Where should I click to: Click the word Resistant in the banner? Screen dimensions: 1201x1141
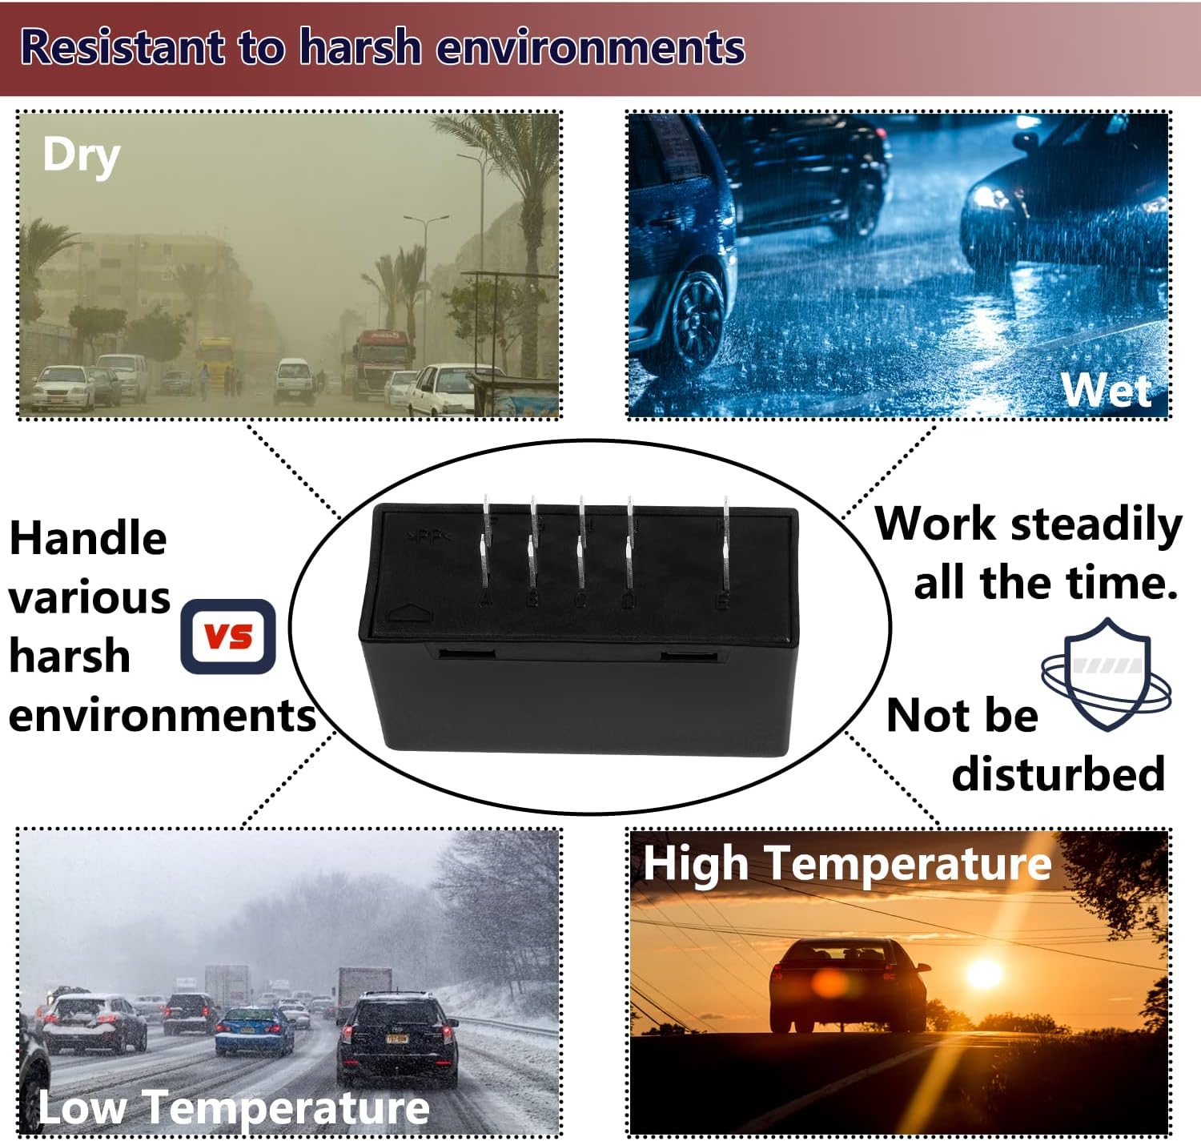click(x=123, y=48)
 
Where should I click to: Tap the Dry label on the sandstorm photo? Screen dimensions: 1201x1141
click(x=81, y=157)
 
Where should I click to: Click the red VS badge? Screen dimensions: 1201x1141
click(x=228, y=637)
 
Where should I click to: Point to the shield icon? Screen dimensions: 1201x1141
click(x=1107, y=674)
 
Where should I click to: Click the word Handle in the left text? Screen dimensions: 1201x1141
click(x=88, y=538)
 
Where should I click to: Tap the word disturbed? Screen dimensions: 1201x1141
click(x=1058, y=773)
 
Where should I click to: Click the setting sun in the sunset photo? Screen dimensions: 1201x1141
click(x=984, y=974)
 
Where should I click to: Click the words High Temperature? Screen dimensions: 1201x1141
click(x=847, y=865)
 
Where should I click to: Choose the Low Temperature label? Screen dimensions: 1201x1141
click(x=234, y=1107)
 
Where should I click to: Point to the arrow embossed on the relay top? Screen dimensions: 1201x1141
click(x=410, y=613)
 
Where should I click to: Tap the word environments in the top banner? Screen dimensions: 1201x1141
click(x=590, y=48)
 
